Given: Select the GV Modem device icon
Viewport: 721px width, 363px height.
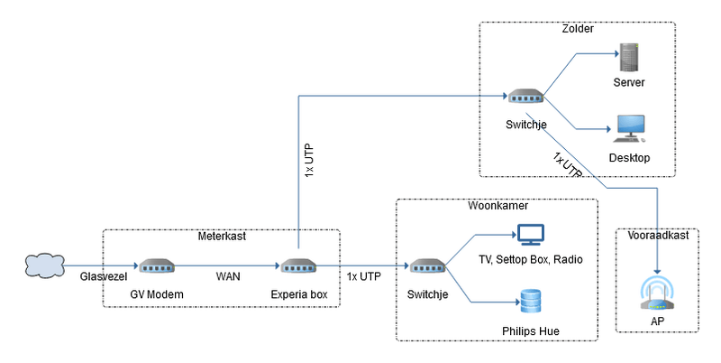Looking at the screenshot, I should [x=156, y=266].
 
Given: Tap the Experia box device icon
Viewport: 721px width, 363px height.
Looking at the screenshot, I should [x=297, y=266].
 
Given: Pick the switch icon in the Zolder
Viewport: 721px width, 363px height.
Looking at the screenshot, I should [x=524, y=97].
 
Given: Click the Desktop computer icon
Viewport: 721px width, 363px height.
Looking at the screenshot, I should [x=629, y=129].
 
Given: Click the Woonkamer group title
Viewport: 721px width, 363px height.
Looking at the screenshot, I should [x=497, y=206].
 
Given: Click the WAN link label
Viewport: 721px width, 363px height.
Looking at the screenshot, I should [x=226, y=276].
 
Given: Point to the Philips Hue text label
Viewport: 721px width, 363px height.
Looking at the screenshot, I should [x=530, y=331].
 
